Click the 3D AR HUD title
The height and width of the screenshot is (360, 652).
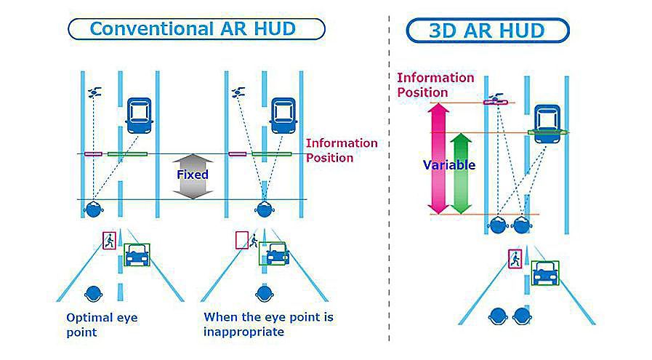(488, 31)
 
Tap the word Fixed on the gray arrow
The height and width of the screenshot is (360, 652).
(192, 175)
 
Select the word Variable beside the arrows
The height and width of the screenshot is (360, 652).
(448, 165)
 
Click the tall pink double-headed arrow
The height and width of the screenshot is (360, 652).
(439, 158)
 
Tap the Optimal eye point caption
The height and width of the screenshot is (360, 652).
(101, 325)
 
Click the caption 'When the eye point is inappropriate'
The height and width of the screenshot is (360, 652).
(268, 325)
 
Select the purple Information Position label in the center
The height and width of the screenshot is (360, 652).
(341, 151)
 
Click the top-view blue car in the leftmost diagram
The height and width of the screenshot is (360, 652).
(140, 115)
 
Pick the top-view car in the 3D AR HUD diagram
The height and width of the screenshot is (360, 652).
(547, 119)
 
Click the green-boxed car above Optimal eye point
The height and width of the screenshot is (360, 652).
(137, 255)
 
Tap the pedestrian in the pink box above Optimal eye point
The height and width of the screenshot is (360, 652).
(110, 240)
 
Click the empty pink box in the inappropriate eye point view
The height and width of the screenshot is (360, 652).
(241, 240)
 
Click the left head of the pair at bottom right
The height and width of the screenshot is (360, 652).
(498, 316)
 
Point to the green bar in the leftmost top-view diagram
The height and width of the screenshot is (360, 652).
(126, 154)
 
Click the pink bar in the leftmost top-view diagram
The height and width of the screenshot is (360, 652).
(93, 154)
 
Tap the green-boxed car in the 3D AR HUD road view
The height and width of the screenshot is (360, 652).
(545, 273)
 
